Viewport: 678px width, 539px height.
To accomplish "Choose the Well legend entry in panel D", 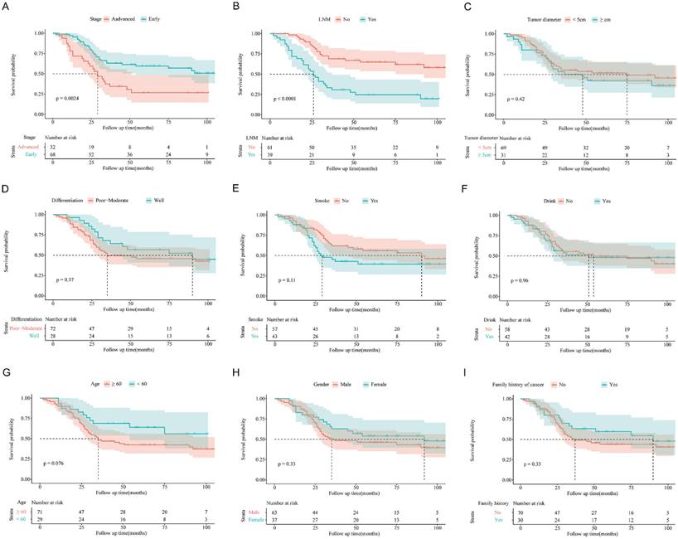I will [x=161, y=199].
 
